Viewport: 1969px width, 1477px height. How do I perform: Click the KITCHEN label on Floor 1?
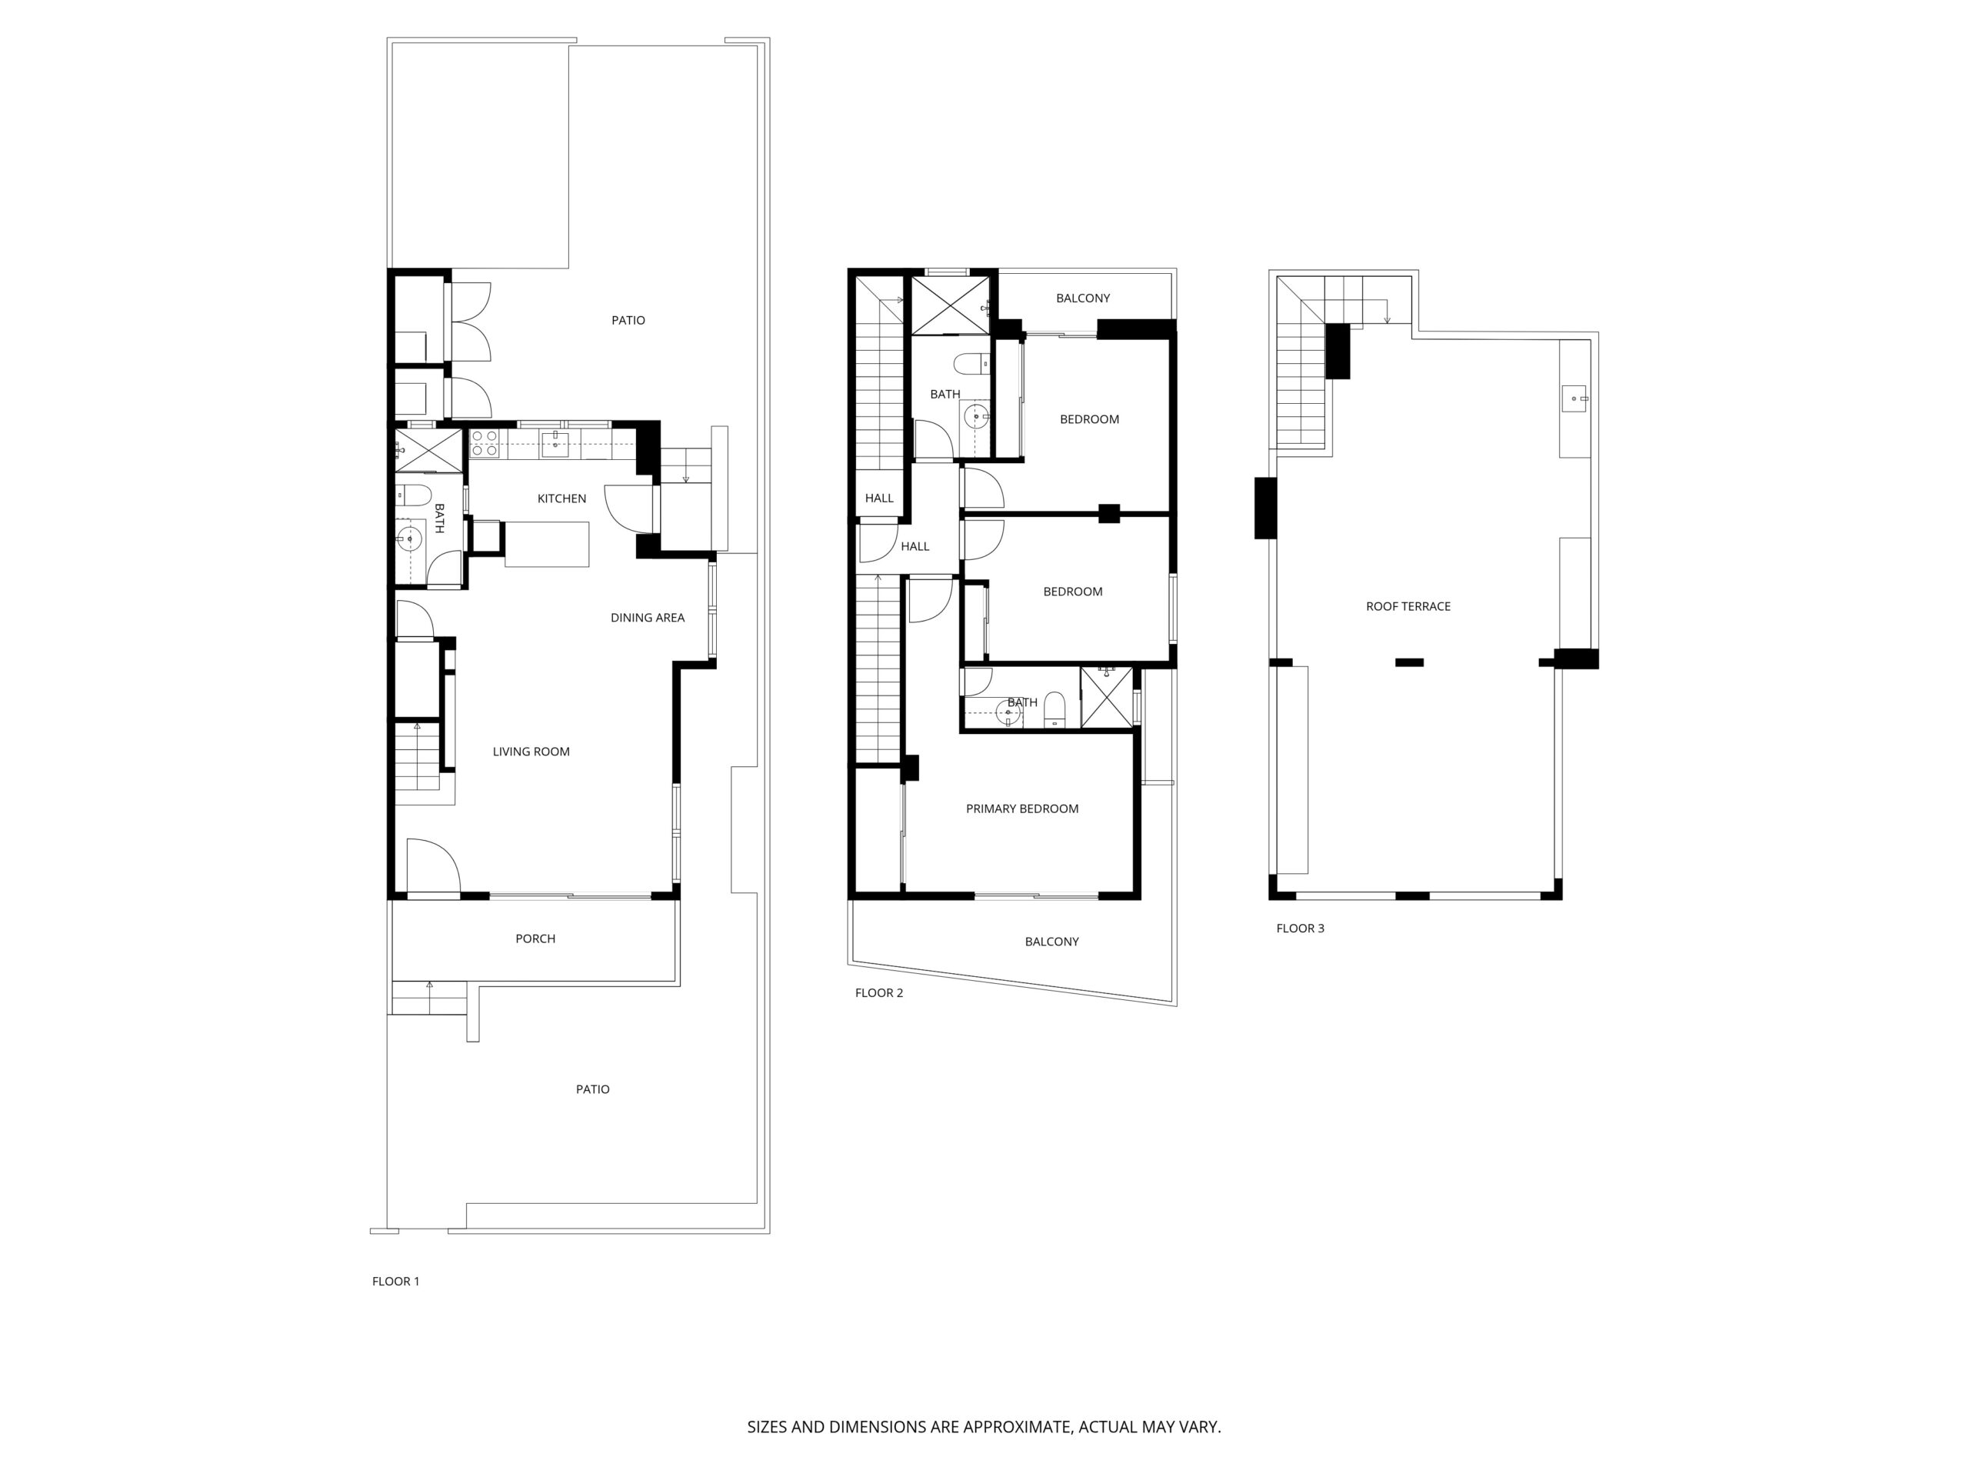pos(561,498)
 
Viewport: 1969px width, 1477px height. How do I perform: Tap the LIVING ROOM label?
pos(531,752)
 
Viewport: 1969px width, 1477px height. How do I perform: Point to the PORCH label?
pos(535,939)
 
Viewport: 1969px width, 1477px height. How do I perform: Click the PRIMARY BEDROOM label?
pos(1022,809)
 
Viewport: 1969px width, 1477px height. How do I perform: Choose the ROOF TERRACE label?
pos(1408,606)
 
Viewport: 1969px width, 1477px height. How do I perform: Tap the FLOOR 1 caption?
pos(395,1281)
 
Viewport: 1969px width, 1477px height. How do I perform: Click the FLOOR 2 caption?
pos(878,992)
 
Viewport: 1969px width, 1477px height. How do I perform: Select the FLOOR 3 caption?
pos(1300,928)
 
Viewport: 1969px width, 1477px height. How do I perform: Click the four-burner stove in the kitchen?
pos(485,443)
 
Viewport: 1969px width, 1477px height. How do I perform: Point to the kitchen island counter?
pos(547,544)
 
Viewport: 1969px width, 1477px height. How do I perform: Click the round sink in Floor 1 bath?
pos(409,538)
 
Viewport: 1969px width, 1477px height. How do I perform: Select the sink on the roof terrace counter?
pos(1574,398)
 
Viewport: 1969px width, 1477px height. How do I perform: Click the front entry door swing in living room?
pos(434,865)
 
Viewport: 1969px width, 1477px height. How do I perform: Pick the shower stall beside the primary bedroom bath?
pos(1107,697)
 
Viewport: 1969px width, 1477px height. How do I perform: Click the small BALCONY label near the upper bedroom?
pos(1082,298)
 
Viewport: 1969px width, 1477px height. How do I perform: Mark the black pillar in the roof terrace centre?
pos(1409,662)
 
